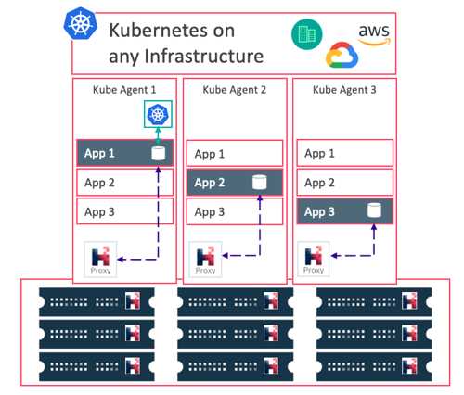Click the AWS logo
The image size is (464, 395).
click(x=374, y=34)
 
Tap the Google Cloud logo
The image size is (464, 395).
click(x=342, y=55)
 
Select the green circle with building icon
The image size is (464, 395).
click(x=307, y=34)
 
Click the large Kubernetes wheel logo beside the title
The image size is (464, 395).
click(x=81, y=23)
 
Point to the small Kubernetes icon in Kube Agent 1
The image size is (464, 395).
click(x=158, y=114)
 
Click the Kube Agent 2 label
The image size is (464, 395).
click(x=234, y=90)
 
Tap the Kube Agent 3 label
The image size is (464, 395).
click(x=344, y=90)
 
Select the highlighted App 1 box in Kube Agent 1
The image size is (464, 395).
click(x=124, y=153)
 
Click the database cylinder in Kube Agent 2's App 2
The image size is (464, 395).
click(x=260, y=183)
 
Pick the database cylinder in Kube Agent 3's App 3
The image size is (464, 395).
click(x=374, y=210)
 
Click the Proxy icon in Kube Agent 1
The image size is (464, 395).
click(x=100, y=259)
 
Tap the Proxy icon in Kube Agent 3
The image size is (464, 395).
click(x=314, y=259)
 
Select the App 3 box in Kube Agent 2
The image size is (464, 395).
click(x=235, y=211)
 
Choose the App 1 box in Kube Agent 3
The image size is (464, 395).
click(x=345, y=153)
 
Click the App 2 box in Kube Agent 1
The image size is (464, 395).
click(x=124, y=183)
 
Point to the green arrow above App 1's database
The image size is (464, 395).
click(x=158, y=134)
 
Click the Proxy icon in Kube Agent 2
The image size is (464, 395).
click(x=205, y=259)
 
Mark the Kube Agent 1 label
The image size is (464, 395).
click(x=124, y=90)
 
